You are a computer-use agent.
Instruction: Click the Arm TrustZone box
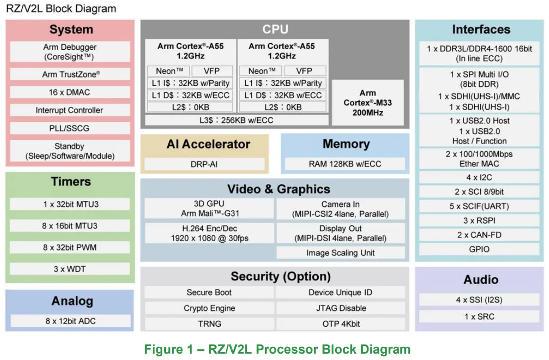pos(70,74)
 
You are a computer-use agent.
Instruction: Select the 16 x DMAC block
pos(70,92)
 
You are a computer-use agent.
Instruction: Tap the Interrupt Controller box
pos(70,110)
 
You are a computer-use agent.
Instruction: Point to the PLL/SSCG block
pos(70,128)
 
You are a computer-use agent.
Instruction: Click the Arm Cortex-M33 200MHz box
pos(368,103)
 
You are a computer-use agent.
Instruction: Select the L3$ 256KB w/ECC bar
pos(236,120)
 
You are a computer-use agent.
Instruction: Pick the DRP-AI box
pos(204,164)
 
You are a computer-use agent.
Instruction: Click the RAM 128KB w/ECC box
pos(345,164)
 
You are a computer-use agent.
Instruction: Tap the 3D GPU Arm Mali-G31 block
pos(209,209)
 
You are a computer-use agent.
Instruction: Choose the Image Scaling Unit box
pos(340,253)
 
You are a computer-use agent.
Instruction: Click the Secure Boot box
pos(209,292)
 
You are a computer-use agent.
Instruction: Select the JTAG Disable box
pos(340,308)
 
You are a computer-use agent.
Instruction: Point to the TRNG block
pos(209,323)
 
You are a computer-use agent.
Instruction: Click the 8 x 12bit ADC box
pos(70,321)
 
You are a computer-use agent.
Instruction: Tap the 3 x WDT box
pos(70,269)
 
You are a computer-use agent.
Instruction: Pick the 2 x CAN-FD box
pos(479,235)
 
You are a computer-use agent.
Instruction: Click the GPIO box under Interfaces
pos(479,249)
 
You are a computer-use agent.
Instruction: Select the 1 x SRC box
pos(479,316)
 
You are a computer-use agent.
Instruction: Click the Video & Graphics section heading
pos(278,189)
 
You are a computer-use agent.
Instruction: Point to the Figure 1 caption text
pos(277,350)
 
